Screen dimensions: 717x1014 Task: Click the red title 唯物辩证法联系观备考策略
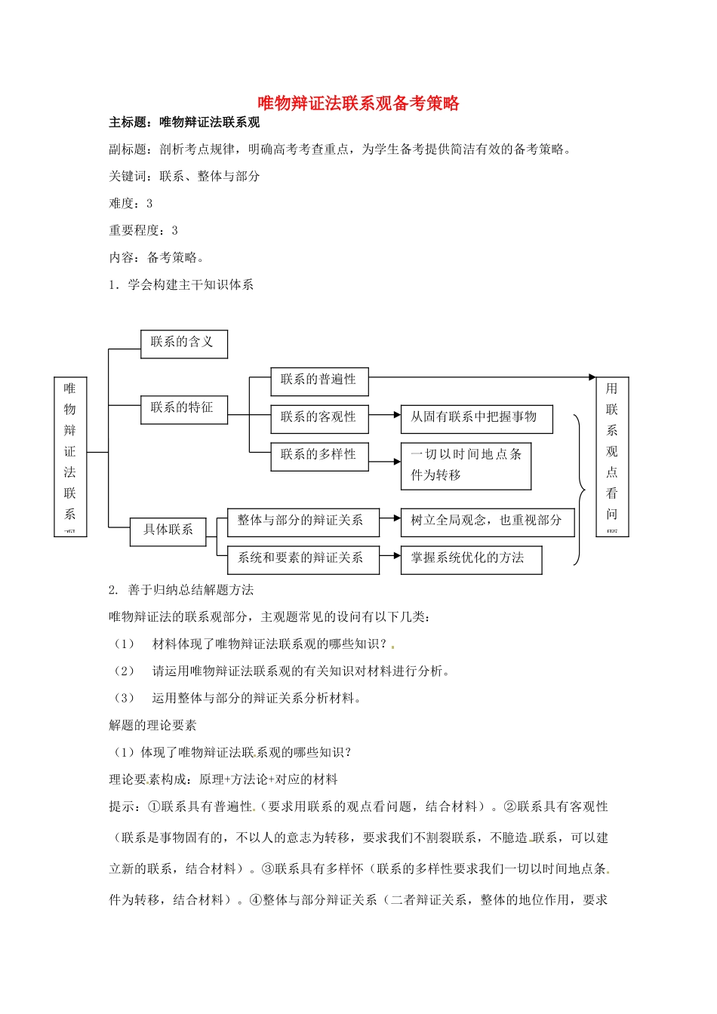tap(358, 103)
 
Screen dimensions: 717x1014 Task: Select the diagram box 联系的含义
tap(183, 343)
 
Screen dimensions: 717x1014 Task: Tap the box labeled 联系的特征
tap(183, 409)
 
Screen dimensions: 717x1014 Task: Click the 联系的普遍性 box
tap(319, 380)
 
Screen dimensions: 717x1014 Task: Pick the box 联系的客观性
tap(319, 418)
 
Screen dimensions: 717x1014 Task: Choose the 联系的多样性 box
tap(319, 456)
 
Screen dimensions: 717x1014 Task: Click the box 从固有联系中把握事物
tap(476, 418)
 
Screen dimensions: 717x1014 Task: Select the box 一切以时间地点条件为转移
tap(466, 465)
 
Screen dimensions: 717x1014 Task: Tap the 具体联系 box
tap(168, 530)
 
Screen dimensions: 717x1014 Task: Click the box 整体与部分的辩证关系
tap(303, 521)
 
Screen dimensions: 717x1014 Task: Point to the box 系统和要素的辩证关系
tap(303, 559)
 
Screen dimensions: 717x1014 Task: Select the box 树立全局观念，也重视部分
tap(487, 521)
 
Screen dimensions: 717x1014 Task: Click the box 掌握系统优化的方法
tap(471, 559)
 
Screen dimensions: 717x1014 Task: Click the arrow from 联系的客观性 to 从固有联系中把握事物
tap(384, 415)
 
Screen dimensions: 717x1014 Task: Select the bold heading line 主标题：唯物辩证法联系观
tap(184, 122)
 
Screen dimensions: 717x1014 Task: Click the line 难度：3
tap(131, 204)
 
